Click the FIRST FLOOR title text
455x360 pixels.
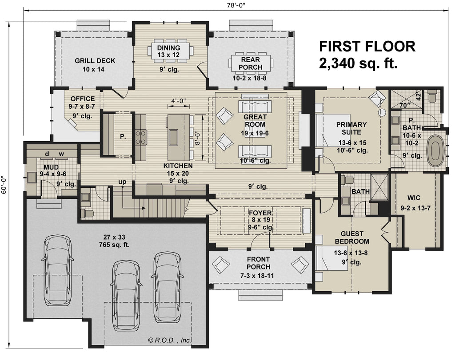(x=367, y=46)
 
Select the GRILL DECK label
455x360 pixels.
(x=95, y=61)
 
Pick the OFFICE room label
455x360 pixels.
(x=82, y=99)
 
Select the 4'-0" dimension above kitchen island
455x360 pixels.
(x=179, y=101)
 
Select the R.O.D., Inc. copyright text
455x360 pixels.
(x=170, y=340)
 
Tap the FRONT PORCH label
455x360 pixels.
(x=258, y=263)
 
